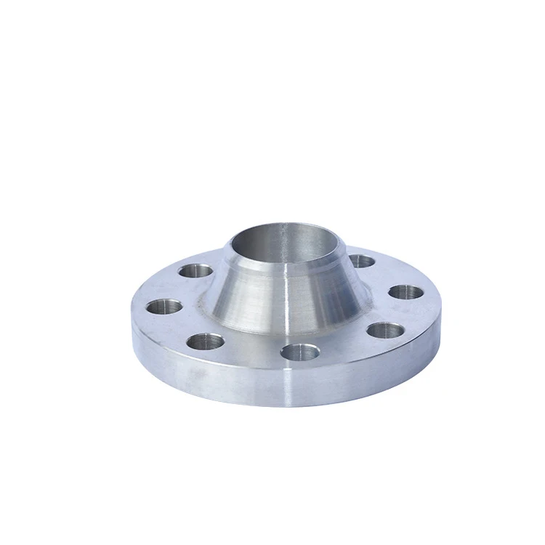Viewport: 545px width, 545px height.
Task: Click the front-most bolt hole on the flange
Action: (x=299, y=352)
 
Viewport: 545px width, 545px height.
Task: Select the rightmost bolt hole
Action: (x=405, y=292)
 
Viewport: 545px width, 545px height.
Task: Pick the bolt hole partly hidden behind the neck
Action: (x=361, y=262)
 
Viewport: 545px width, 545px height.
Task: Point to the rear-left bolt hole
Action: (x=195, y=272)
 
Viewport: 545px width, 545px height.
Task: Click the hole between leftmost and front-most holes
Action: (x=208, y=340)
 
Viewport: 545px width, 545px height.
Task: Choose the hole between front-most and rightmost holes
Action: (x=384, y=331)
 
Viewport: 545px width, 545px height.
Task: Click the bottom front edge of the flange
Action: (x=291, y=405)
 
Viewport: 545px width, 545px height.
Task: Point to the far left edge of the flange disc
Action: (x=134, y=327)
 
